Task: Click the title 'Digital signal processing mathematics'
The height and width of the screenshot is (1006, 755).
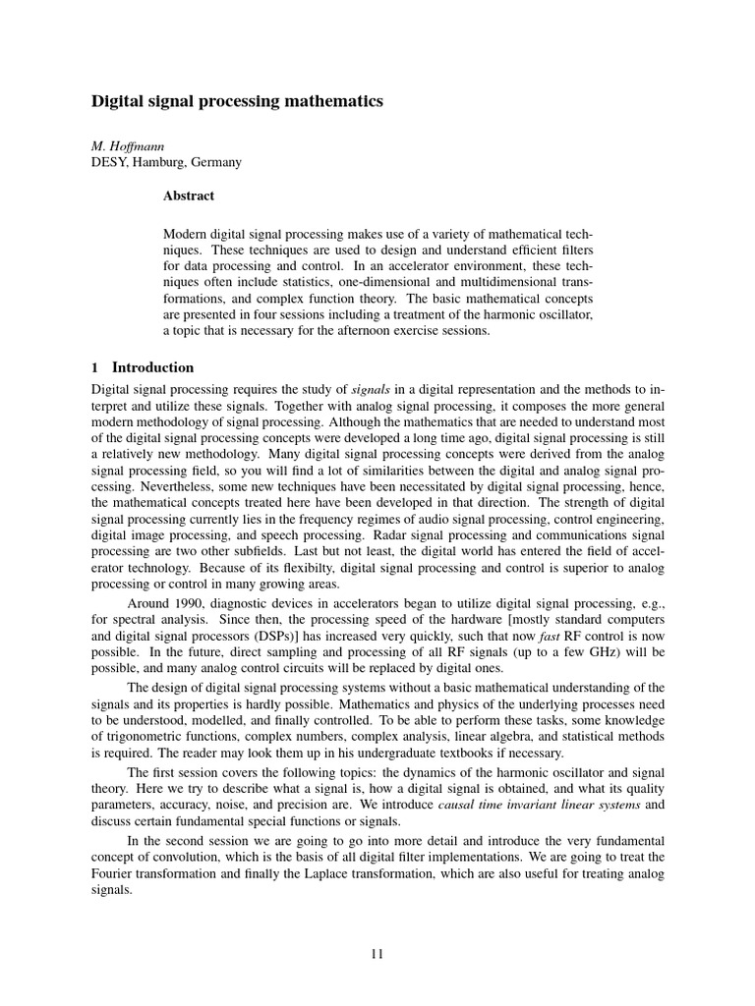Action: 237,101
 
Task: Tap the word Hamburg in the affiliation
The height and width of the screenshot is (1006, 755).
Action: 160,162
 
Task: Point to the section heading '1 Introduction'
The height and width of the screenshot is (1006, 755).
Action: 143,367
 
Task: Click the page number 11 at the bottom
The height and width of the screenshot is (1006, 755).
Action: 377,952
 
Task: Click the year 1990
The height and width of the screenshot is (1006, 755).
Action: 197,603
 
